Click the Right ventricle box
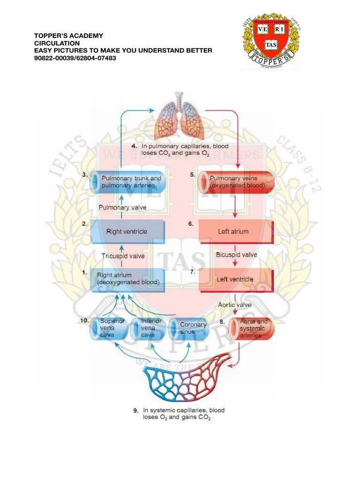click(127, 232)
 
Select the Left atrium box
click(235, 232)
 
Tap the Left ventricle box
click(235, 279)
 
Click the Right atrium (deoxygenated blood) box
click(127, 279)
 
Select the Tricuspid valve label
click(123, 256)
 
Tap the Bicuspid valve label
click(237, 255)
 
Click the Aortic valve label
click(235, 305)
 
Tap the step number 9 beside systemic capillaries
click(135, 411)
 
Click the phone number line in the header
click(75, 58)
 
